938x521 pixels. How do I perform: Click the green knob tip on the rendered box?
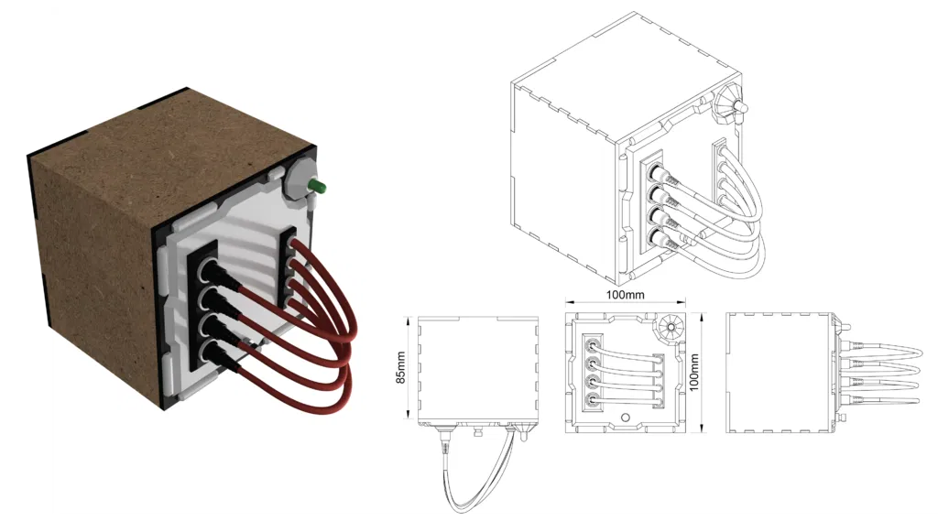coord(320,188)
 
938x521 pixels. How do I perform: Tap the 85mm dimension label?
coord(400,369)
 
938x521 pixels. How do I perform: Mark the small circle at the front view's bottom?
coord(626,418)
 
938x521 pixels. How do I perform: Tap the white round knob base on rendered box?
coord(299,179)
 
